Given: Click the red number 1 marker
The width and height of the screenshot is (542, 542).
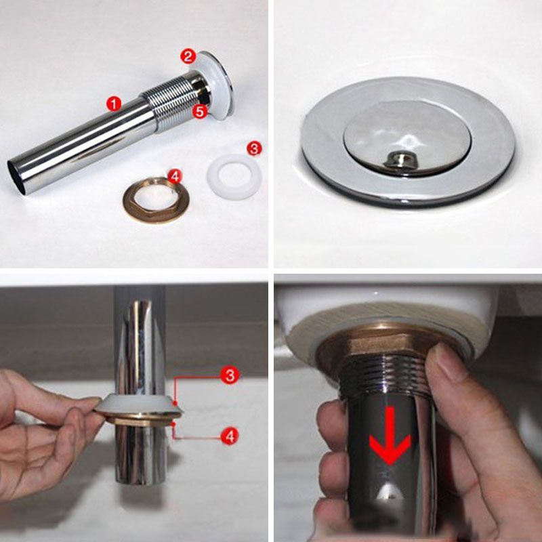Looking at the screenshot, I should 113,104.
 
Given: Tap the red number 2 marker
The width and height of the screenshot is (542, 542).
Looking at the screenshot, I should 188,56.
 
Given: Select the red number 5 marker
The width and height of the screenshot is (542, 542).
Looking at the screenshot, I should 199,111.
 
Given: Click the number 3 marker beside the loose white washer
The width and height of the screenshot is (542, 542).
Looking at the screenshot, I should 253,148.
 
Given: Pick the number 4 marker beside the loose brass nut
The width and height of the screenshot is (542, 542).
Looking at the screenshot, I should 174,178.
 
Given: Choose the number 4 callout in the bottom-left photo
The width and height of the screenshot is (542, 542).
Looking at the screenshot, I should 230,437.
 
